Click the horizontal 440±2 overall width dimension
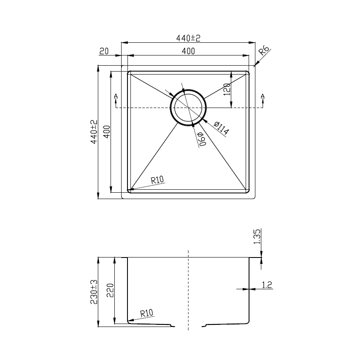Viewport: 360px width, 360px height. [188, 38]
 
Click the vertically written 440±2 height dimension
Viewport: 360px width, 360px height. [94, 132]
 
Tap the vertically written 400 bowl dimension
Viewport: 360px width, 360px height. [107, 132]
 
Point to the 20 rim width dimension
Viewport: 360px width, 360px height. [104, 51]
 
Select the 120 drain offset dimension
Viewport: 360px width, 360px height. [227, 90]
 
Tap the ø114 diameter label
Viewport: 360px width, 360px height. [221, 128]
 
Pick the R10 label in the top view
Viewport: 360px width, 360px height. [157, 180]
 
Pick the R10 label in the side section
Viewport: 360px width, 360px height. [146, 313]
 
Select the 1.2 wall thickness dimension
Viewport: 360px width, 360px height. [267, 285]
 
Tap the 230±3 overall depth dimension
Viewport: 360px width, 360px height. [94, 292]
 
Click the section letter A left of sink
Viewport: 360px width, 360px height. [116, 97]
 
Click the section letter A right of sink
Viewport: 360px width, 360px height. [263, 97]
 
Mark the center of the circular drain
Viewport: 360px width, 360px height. [188, 108]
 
